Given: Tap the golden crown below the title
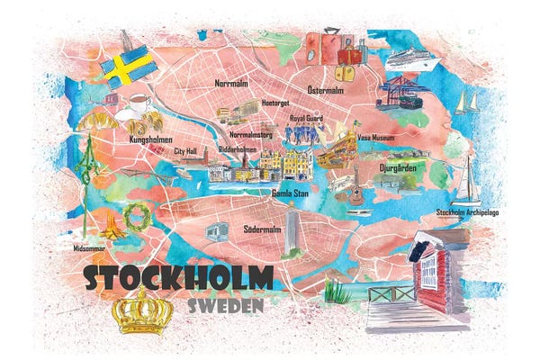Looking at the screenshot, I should (x=141, y=310).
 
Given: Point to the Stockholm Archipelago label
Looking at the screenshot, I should (x=468, y=212).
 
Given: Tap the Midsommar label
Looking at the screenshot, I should (x=87, y=247).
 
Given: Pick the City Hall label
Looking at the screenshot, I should (x=185, y=152).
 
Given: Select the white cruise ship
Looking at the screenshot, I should (x=412, y=60).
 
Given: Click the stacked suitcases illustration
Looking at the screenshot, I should (x=331, y=53).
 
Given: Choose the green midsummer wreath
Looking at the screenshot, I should (x=138, y=214).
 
